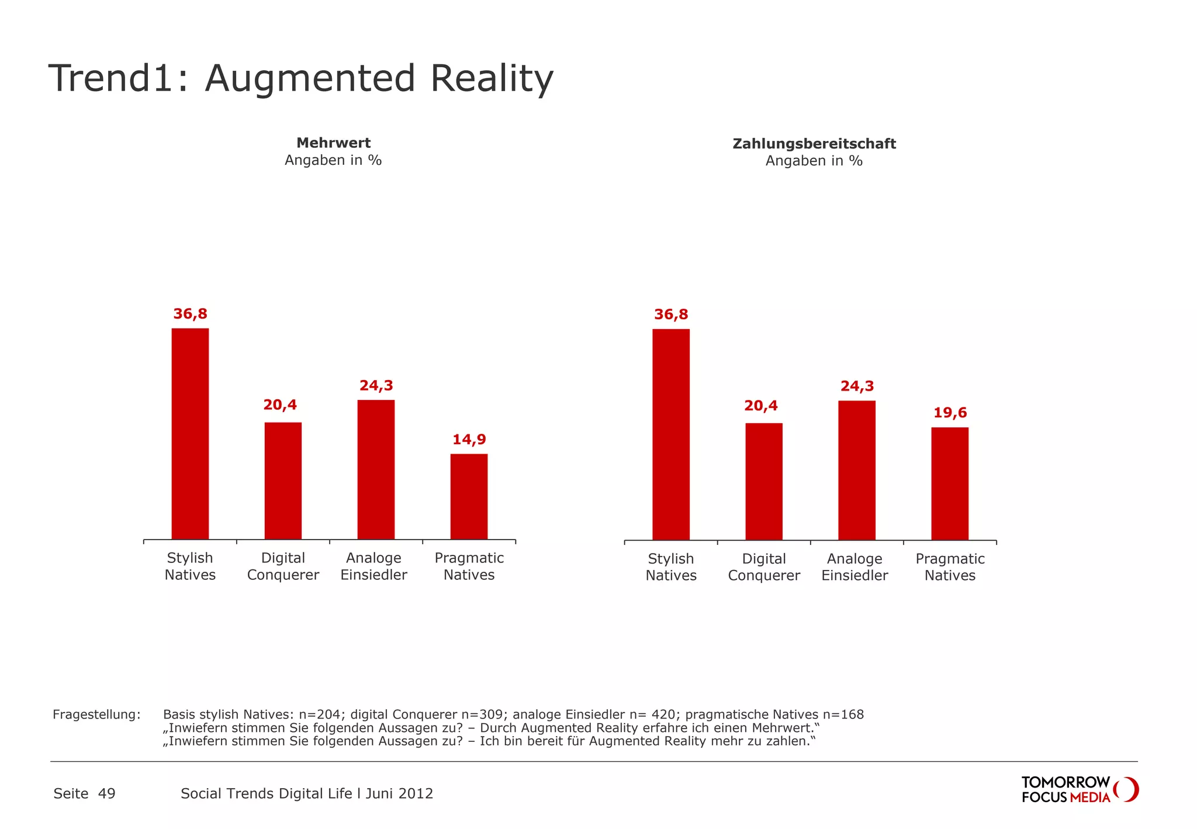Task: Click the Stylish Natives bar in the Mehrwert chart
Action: coord(190,433)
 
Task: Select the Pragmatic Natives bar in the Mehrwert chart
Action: coord(469,496)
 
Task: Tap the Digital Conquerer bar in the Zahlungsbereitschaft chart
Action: coord(764,481)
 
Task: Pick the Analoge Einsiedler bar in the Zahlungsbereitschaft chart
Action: coord(857,470)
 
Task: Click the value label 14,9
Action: coord(469,439)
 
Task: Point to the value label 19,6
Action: coord(950,413)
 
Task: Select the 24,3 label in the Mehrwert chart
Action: coord(376,385)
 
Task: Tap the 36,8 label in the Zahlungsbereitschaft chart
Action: coord(671,315)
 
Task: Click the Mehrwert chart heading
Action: coord(333,143)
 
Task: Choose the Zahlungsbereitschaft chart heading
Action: coord(814,144)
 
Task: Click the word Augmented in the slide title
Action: coord(310,78)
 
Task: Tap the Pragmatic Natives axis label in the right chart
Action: coord(950,567)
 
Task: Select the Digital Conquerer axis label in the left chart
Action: coord(283,567)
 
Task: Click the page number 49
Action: coord(107,793)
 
